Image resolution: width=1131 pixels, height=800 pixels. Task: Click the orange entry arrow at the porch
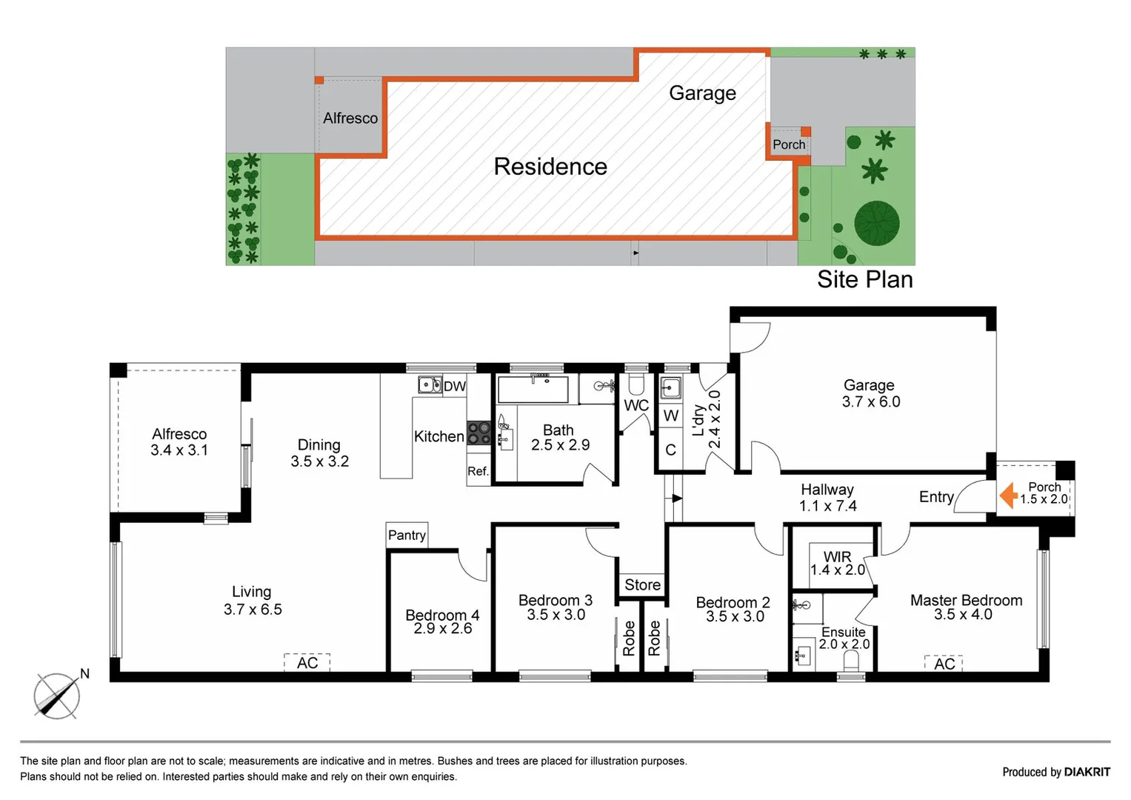pyautogui.click(x=1008, y=496)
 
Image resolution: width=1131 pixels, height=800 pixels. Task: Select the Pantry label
pyautogui.click(x=407, y=536)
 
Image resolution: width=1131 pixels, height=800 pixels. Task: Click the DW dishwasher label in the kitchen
pyautogui.click(x=454, y=386)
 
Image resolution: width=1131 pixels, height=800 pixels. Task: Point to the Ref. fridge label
pyautogui.click(x=478, y=471)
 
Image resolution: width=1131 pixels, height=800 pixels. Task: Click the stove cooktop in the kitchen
pyautogui.click(x=478, y=433)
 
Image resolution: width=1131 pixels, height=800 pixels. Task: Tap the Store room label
pyautogui.click(x=642, y=585)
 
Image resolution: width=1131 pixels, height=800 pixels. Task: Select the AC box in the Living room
pyautogui.click(x=307, y=663)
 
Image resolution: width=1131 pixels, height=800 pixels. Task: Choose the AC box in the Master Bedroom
pyautogui.click(x=944, y=664)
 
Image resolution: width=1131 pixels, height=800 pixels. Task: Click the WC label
pyautogui.click(x=636, y=405)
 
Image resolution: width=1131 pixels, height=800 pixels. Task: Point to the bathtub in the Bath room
pyautogui.click(x=533, y=389)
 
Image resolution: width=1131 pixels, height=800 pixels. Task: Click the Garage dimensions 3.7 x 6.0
pyautogui.click(x=871, y=402)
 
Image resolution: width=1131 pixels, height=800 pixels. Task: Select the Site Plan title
pyautogui.click(x=864, y=279)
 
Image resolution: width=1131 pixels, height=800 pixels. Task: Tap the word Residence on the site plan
pyautogui.click(x=550, y=167)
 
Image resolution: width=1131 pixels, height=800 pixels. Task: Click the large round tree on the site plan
pyautogui.click(x=877, y=223)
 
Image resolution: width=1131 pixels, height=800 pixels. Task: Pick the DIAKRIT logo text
pyautogui.click(x=1087, y=772)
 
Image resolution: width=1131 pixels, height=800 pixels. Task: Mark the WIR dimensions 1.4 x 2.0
pyautogui.click(x=838, y=570)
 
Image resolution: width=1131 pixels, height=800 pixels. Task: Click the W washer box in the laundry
pyautogui.click(x=671, y=416)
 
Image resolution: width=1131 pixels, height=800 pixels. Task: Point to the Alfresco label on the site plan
pyautogui.click(x=350, y=119)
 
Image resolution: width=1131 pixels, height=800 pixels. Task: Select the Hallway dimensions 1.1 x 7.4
pyautogui.click(x=827, y=506)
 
